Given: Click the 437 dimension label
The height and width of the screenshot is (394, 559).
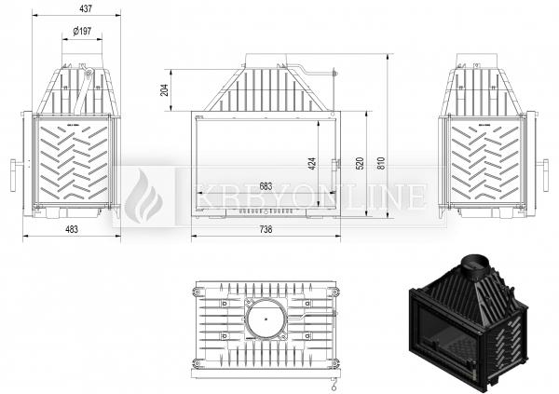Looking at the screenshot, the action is point(85,8).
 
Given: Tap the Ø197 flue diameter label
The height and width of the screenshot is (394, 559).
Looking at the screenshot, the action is point(82,32).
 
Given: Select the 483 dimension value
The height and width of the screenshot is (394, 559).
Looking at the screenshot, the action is point(72,229).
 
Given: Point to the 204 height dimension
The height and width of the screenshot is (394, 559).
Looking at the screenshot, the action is point(164,89).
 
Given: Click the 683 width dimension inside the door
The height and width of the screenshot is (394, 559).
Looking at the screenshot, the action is point(266,186).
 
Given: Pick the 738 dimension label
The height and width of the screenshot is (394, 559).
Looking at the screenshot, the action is point(266,229).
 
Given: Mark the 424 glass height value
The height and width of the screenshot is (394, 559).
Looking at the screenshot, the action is point(312,163).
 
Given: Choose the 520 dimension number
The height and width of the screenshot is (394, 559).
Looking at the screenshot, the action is point(360,163).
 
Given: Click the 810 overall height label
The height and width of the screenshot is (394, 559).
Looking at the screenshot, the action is point(381,163).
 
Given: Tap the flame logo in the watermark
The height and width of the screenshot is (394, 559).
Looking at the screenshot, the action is point(143,197).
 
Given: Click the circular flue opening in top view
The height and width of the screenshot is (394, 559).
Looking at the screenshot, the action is point(266,319).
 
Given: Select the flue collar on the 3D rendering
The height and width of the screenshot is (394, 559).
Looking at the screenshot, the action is point(474,265).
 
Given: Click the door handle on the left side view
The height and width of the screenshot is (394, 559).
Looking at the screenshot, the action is point(13,175).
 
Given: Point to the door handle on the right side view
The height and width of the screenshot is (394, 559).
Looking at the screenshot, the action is point(545,175).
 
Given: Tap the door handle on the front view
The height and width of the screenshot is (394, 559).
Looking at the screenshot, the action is point(334,171).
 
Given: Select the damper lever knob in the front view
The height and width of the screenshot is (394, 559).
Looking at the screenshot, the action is point(334,73).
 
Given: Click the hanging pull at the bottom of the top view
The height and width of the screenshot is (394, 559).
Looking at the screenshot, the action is point(334,385).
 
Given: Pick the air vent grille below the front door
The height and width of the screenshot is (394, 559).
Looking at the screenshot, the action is point(266,211).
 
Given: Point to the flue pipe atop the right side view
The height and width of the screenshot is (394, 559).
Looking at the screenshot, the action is point(477,60).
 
